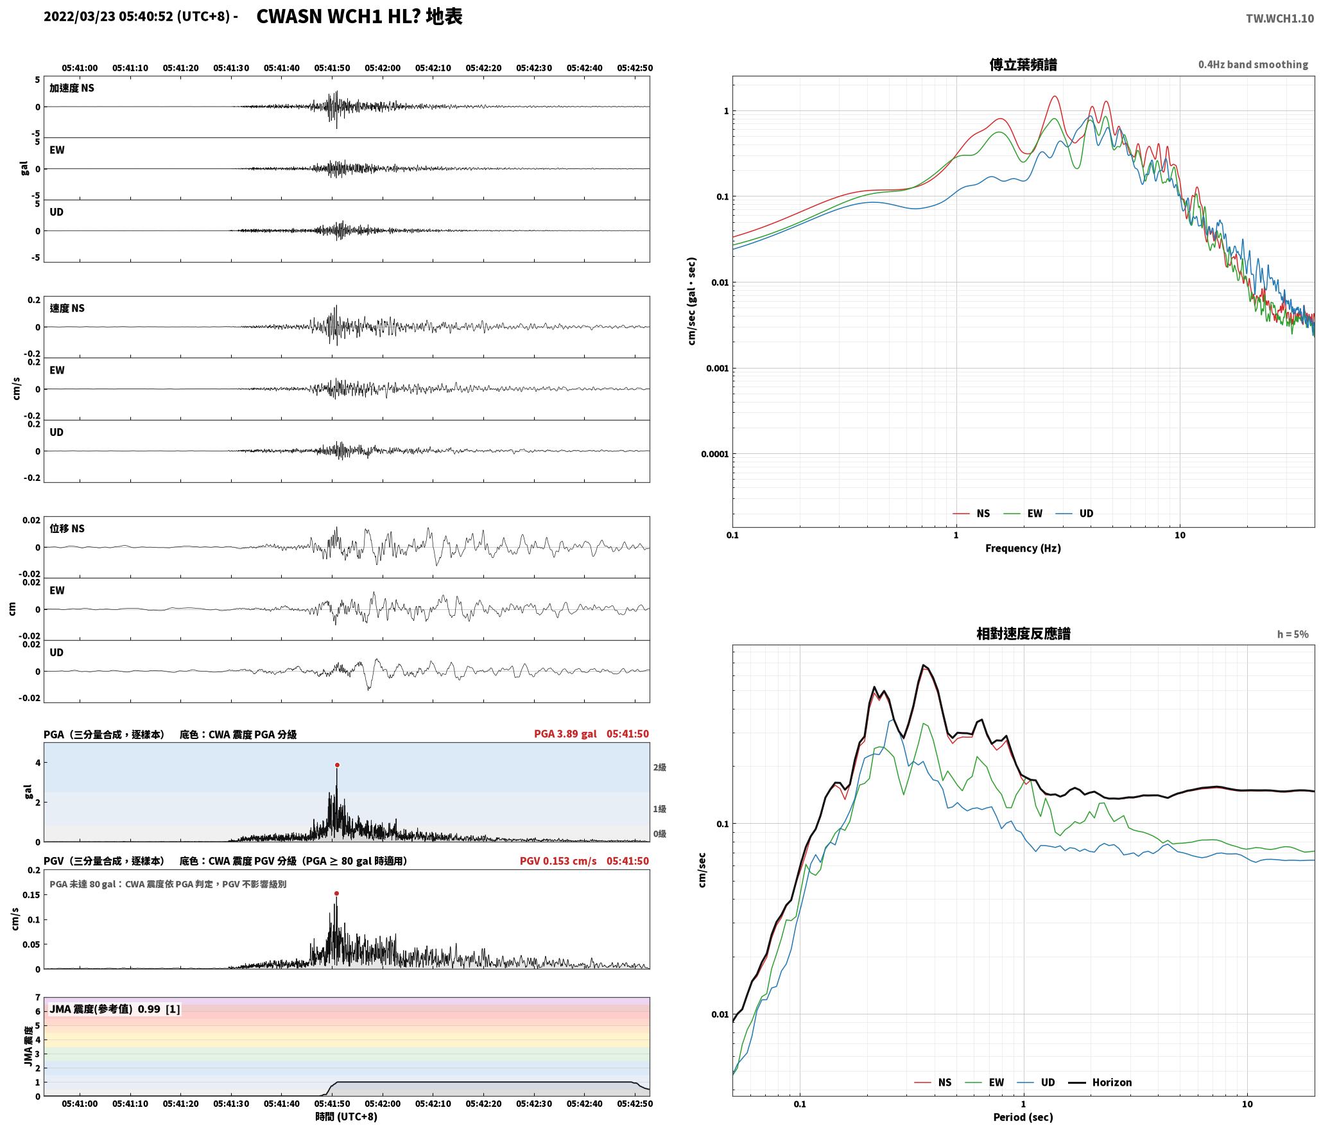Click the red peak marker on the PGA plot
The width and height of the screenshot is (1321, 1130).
[x=337, y=765]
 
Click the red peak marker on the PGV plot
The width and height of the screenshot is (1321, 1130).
[x=336, y=893]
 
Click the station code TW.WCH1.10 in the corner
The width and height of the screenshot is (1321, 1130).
[x=1280, y=19]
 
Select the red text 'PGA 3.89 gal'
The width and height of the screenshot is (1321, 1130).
[x=565, y=734]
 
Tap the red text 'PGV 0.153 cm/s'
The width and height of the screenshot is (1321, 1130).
[x=558, y=861]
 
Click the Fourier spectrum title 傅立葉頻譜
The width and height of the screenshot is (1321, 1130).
[x=1023, y=65]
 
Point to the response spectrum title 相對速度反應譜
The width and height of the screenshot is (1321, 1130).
[x=1023, y=634]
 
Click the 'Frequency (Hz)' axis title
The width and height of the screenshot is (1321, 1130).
[x=1023, y=548]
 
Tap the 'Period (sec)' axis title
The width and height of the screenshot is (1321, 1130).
[x=1023, y=1117]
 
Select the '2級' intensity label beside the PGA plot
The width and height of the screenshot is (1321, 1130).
[x=660, y=767]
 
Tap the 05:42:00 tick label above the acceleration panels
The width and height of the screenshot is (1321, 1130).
[x=383, y=68]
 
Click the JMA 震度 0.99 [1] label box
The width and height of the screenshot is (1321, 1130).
[x=115, y=1009]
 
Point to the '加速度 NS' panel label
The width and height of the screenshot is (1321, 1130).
[x=72, y=88]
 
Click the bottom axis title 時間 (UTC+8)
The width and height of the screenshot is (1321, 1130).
[x=347, y=1117]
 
